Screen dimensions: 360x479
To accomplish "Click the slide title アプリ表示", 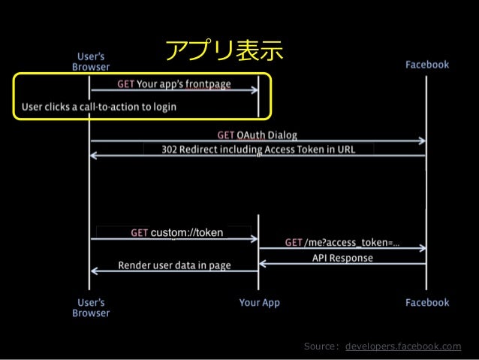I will pos(225,51).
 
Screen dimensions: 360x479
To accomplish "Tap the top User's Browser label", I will pos(90,60).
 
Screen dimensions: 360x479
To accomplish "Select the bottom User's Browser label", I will pos(90,307).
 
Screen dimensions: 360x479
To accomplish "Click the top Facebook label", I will pos(427,65).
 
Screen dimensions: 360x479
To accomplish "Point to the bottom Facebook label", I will pos(427,302).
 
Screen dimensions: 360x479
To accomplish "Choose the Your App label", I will pos(260,302).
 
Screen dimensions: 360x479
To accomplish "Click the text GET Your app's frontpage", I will pos(174,83).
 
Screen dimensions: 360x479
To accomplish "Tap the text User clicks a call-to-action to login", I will pos(99,107).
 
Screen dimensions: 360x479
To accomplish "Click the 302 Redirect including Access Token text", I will pos(258,150).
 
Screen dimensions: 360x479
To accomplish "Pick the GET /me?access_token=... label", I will pos(342,243).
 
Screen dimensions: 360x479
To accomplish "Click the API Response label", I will pos(342,258).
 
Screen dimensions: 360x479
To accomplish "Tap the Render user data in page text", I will pos(174,265).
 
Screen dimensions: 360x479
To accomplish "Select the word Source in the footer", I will pos(321,346).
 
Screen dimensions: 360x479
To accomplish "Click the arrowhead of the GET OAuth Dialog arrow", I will pos(423,141).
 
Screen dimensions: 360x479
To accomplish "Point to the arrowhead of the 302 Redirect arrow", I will pos(92,156).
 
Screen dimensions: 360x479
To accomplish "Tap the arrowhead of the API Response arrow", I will pos(262,263).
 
